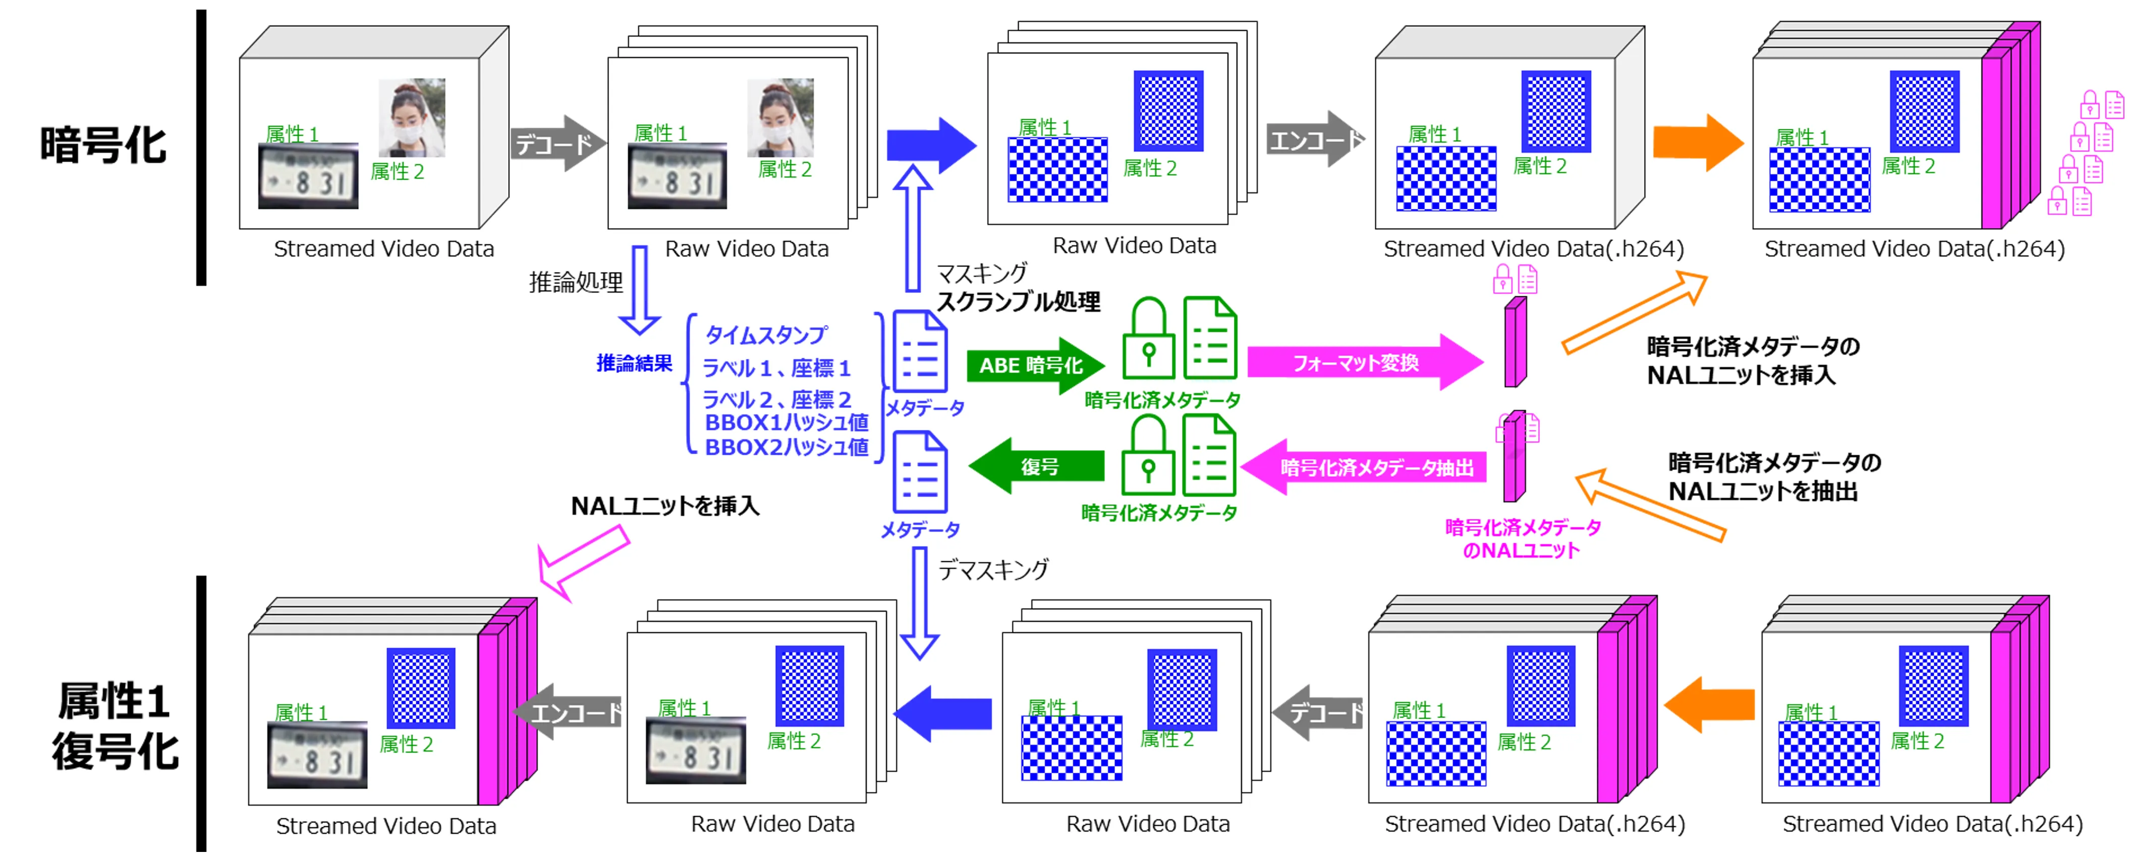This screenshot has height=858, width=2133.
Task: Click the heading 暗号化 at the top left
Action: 103,145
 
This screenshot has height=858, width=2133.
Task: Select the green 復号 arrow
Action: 1037,466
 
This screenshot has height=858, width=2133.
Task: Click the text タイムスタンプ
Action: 765,335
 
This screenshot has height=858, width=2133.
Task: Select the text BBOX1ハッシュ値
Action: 786,422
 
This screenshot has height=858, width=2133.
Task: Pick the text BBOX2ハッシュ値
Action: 786,447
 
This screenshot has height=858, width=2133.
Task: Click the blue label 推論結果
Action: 634,363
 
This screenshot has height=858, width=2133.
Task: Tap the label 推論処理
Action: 576,283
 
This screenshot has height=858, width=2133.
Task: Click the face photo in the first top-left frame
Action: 412,118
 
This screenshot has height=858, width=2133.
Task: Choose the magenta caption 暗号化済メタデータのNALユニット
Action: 1522,539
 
